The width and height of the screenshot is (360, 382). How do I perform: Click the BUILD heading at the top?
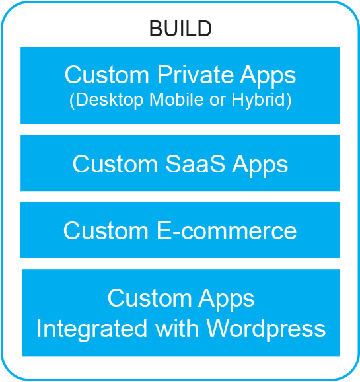pyautogui.click(x=180, y=28)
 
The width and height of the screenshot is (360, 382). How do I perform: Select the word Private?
pyautogui.click(x=194, y=74)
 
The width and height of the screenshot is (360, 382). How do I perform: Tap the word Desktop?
pyautogui.click(x=110, y=100)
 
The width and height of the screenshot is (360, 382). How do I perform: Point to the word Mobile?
pyautogui.click(x=176, y=99)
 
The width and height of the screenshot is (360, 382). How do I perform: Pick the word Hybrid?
pyautogui.click(x=258, y=100)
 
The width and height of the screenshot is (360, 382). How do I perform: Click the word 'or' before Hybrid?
pyautogui.click(x=217, y=101)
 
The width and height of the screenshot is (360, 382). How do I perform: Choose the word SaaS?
pyautogui.click(x=196, y=164)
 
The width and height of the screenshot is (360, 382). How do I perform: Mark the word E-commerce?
pyautogui.click(x=227, y=231)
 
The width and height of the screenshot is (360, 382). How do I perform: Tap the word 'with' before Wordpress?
pyautogui.click(x=177, y=328)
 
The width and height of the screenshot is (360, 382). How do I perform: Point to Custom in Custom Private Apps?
pyautogui.click(x=107, y=75)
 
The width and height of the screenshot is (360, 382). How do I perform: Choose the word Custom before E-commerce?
pyautogui.click(x=106, y=231)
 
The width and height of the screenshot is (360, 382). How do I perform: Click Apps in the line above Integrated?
pyautogui.click(x=227, y=299)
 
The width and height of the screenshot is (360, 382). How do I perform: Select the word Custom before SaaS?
pyautogui.click(x=115, y=164)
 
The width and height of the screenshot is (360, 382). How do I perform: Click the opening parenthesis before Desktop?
pyautogui.click(x=72, y=100)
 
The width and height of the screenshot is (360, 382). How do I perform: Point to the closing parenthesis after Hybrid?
pyautogui.click(x=289, y=100)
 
